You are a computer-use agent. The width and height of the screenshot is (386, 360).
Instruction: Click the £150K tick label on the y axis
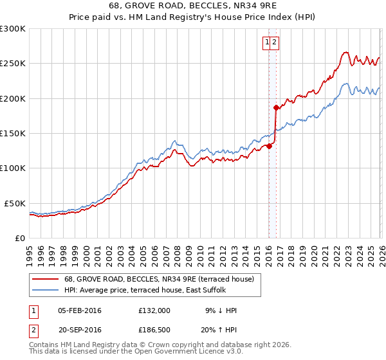coord(13,133)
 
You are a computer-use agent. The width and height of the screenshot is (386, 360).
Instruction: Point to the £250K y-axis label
coord(13,64)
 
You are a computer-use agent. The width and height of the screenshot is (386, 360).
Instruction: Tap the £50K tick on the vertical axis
coord(15,203)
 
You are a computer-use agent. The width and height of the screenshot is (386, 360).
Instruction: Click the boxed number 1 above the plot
coord(266,43)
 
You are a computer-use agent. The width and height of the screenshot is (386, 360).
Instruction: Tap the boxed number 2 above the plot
coord(274,43)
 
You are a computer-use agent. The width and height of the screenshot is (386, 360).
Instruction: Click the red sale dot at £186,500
coord(276,107)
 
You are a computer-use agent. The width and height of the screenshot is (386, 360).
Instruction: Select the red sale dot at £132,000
coord(269,146)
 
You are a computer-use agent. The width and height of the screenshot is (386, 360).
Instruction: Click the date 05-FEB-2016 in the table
coord(79,310)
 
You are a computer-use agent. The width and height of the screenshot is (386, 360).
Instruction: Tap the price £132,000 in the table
coord(154,310)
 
